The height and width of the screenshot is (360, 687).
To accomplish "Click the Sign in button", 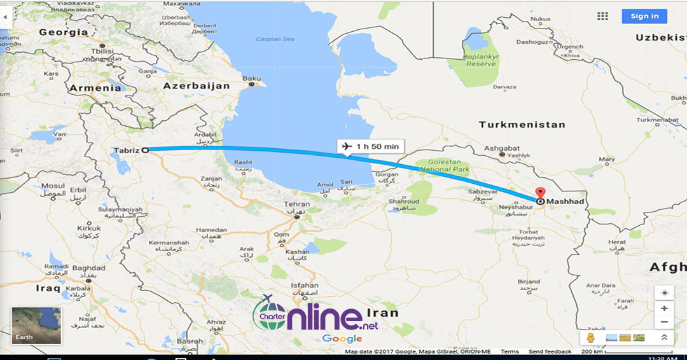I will click(644, 16).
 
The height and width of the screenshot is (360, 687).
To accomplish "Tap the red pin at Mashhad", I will click(540, 194).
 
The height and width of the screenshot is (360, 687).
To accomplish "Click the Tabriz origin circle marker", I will click(145, 150).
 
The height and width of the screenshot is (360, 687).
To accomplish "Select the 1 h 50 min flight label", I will click(370, 146).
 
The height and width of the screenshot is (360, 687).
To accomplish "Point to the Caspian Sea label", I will click(275, 39).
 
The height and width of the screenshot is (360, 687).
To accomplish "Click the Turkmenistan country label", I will click(522, 124).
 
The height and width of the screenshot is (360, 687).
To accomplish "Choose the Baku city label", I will click(251, 78).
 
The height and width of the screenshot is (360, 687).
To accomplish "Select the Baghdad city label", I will click(88, 268).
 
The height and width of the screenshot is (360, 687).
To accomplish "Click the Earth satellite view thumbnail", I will click(36, 326).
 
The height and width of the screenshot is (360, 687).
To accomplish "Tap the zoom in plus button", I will click(664, 308).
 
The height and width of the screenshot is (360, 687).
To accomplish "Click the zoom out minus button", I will click(664, 322).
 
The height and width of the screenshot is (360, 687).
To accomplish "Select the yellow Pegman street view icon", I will click(591, 338).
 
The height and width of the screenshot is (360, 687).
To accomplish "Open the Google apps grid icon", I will click(602, 16).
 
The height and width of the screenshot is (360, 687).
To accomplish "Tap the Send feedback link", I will click(550, 352).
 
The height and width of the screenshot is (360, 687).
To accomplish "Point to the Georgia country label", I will click(63, 32).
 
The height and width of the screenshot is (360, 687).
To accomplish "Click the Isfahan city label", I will click(304, 286).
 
